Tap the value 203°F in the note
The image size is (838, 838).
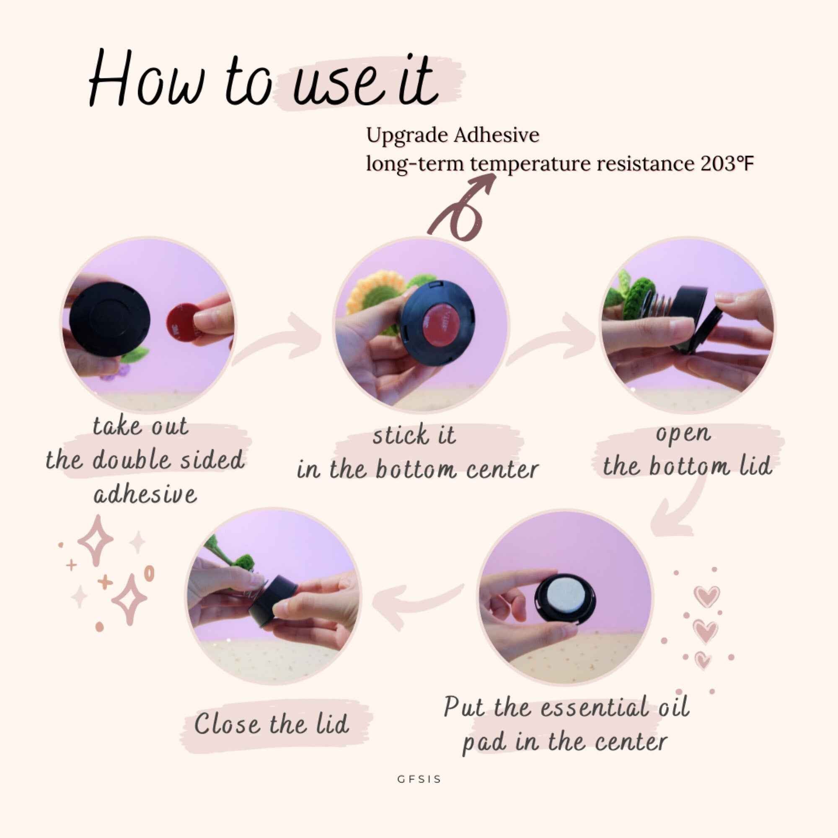[727, 164]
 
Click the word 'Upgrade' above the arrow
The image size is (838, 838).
[406, 136]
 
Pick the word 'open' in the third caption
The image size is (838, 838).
[683, 434]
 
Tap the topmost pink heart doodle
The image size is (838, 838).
[707, 596]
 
